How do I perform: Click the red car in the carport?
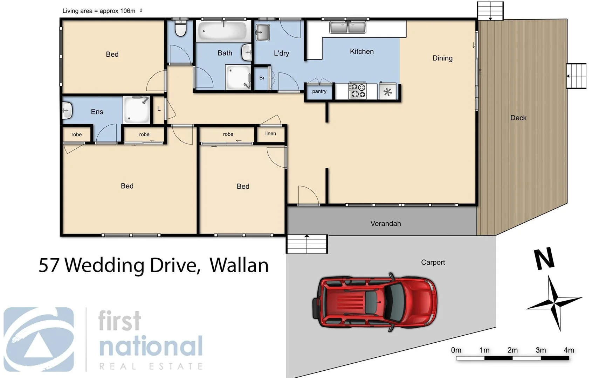(x=375, y=302)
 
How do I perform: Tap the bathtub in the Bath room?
(x=223, y=31)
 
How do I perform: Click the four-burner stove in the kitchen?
(x=357, y=91)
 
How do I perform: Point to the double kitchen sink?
(x=347, y=27)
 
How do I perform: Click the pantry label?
(x=319, y=91)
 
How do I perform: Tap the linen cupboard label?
(x=270, y=133)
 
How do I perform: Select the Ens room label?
(x=97, y=112)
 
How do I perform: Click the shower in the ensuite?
(x=137, y=110)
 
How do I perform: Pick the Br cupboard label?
(x=262, y=78)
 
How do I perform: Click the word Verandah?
(x=385, y=223)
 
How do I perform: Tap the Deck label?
(x=518, y=118)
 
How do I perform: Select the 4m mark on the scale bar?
(x=569, y=350)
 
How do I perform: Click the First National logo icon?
(x=39, y=339)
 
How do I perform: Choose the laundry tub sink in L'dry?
(x=262, y=33)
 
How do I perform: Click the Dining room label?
(x=442, y=58)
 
